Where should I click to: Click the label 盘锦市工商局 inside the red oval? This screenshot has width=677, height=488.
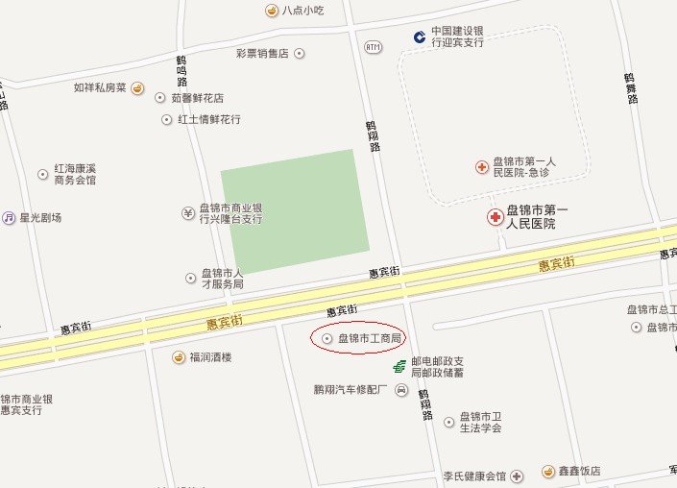click(369, 338)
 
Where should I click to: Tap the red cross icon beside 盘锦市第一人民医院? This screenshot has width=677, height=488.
click(496, 217)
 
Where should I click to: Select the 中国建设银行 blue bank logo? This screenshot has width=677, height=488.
click(420, 37)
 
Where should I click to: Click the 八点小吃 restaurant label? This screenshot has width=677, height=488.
click(302, 11)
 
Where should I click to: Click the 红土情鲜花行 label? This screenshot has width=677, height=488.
click(208, 120)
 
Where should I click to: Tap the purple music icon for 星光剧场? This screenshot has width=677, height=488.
click(9, 218)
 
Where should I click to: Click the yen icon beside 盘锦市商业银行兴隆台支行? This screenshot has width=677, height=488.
click(188, 212)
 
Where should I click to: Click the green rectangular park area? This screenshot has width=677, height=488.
click(295, 210)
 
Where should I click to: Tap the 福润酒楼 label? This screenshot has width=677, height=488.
click(210, 358)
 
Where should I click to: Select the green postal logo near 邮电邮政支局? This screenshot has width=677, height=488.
click(399, 366)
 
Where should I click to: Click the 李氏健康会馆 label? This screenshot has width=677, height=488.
click(474, 476)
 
